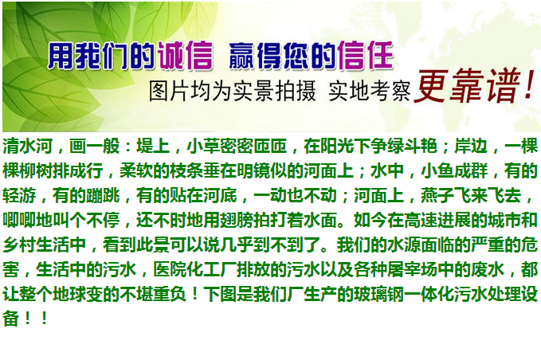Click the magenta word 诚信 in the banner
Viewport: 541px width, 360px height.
(186, 56)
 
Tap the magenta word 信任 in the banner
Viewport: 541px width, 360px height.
(366, 55)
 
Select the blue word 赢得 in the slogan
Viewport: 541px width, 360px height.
(256, 56)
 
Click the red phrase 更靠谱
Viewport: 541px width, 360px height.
(468, 85)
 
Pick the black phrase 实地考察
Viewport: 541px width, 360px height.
(370, 92)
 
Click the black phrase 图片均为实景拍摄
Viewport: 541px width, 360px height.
(232, 92)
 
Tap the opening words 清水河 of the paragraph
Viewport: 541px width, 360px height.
(28, 146)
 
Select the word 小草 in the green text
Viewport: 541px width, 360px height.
(203, 146)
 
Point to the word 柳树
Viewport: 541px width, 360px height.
(36, 170)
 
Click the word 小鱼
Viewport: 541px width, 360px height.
(437, 170)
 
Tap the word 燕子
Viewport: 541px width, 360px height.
(437, 195)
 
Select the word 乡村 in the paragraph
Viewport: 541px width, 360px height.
(19, 245)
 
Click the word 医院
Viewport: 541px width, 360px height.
(170, 270)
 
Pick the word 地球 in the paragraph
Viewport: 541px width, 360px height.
(69, 295)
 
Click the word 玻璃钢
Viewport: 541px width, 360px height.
(378, 295)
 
